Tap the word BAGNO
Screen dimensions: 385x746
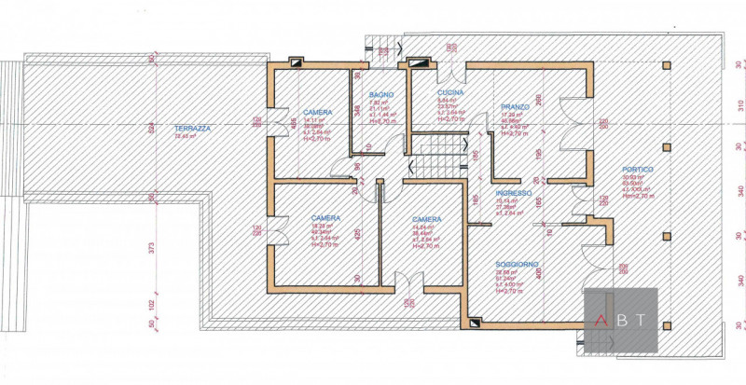[x=380, y=95]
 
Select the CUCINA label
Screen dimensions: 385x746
[x=450, y=94]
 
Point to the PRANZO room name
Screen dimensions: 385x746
[x=514, y=107]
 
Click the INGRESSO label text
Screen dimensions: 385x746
[x=514, y=193]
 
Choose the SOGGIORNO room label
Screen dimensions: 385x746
[x=517, y=265]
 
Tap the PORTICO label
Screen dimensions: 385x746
[x=638, y=170]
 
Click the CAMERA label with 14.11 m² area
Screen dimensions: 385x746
[x=318, y=113]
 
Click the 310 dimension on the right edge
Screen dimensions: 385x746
[x=739, y=104]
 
